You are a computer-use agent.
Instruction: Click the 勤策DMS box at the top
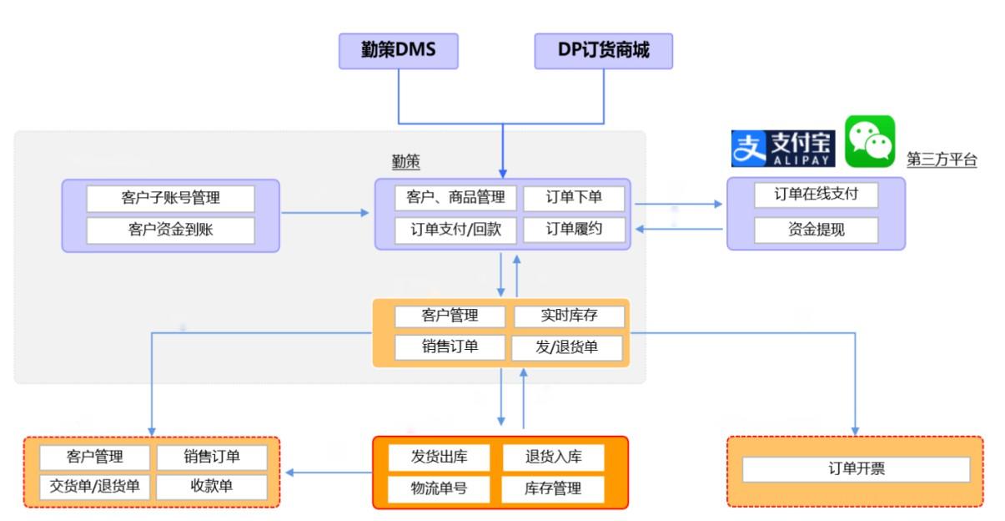pyautogui.click(x=398, y=51)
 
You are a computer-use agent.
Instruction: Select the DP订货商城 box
pyautogui.click(x=603, y=51)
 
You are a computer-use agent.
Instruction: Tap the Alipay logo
pyautogui.click(x=782, y=149)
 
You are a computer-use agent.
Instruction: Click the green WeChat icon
pyautogui.click(x=869, y=141)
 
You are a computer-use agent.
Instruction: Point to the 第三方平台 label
pyautogui.click(x=942, y=160)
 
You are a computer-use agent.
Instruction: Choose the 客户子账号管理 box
pyautogui.click(x=170, y=199)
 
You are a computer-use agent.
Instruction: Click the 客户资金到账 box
pyautogui.click(x=170, y=230)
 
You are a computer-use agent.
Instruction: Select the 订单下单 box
pyautogui.click(x=574, y=198)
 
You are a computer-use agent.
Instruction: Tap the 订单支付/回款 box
pyautogui.click(x=455, y=230)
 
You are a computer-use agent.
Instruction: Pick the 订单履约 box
pyautogui.click(x=574, y=230)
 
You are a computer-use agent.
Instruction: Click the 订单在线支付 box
pyautogui.click(x=816, y=195)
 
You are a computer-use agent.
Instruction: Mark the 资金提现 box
pyautogui.click(x=816, y=229)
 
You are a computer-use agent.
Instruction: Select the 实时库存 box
pyautogui.click(x=568, y=316)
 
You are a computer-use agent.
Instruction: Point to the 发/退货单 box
pyautogui.click(x=568, y=347)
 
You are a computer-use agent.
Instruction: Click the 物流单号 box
pyautogui.click(x=439, y=488)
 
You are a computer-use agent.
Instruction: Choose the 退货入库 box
pyautogui.click(x=553, y=457)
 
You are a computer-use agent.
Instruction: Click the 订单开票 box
pyautogui.click(x=856, y=469)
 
